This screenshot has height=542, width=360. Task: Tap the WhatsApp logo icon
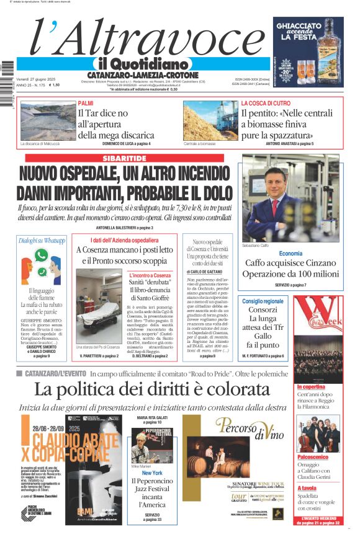42,255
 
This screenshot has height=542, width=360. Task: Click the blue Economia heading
290,253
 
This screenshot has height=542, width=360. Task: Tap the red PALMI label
86,103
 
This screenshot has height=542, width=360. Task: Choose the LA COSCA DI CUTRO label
266,103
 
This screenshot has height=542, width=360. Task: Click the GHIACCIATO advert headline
308,28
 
